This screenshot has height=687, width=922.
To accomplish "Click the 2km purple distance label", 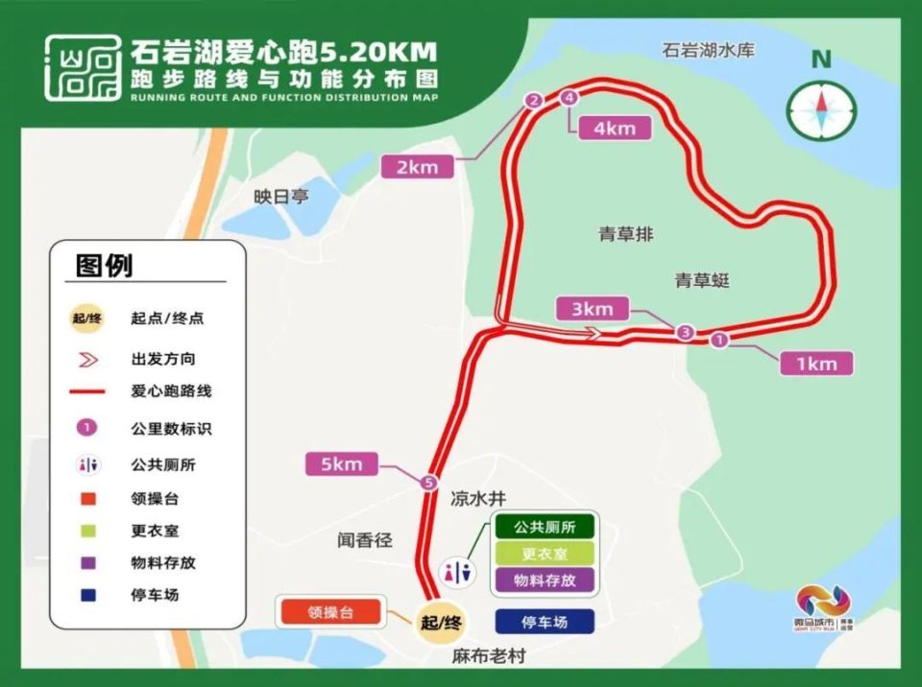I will point(417,167).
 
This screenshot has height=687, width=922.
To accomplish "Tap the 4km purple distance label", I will point(615,128).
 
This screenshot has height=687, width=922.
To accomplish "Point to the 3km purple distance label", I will point(592,309).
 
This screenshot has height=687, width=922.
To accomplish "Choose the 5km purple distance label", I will point(341,464).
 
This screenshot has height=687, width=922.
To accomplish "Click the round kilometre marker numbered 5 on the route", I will point(428,483).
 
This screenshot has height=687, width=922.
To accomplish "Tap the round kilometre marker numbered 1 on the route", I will point(720,339).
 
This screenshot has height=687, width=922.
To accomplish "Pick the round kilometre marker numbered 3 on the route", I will point(685,333).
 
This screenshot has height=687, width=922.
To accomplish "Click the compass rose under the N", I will point(820,109).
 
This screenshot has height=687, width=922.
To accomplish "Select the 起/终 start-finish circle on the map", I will point(441,622).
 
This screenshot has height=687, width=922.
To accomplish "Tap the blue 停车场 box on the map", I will point(545,622).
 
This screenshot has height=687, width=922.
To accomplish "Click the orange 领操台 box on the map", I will point(330,612).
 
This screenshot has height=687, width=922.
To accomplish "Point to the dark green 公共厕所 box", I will point(544,527).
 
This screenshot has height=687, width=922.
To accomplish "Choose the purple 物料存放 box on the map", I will point(544,580).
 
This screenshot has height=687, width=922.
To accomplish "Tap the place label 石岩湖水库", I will point(708,50).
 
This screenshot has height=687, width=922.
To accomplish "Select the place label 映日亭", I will point(281,196).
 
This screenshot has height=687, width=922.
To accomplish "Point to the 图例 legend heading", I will point(105,265).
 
